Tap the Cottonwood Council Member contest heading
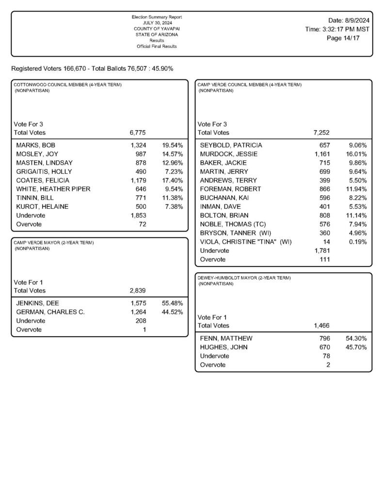pyautogui.click(x=68, y=85)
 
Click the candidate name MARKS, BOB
pyautogui.click(x=36, y=145)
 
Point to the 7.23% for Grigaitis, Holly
pyautogui.click(x=174, y=171)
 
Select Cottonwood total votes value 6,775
pyautogui.click(x=138, y=132)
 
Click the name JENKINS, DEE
pyautogui.click(x=38, y=303)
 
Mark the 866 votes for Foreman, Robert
pyautogui.click(x=324, y=189)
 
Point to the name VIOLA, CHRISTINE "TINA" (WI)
pyautogui.click(x=246, y=242)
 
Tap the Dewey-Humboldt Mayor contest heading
pyautogui.click(x=244, y=278)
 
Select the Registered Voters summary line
pyautogui.click(x=92, y=69)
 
